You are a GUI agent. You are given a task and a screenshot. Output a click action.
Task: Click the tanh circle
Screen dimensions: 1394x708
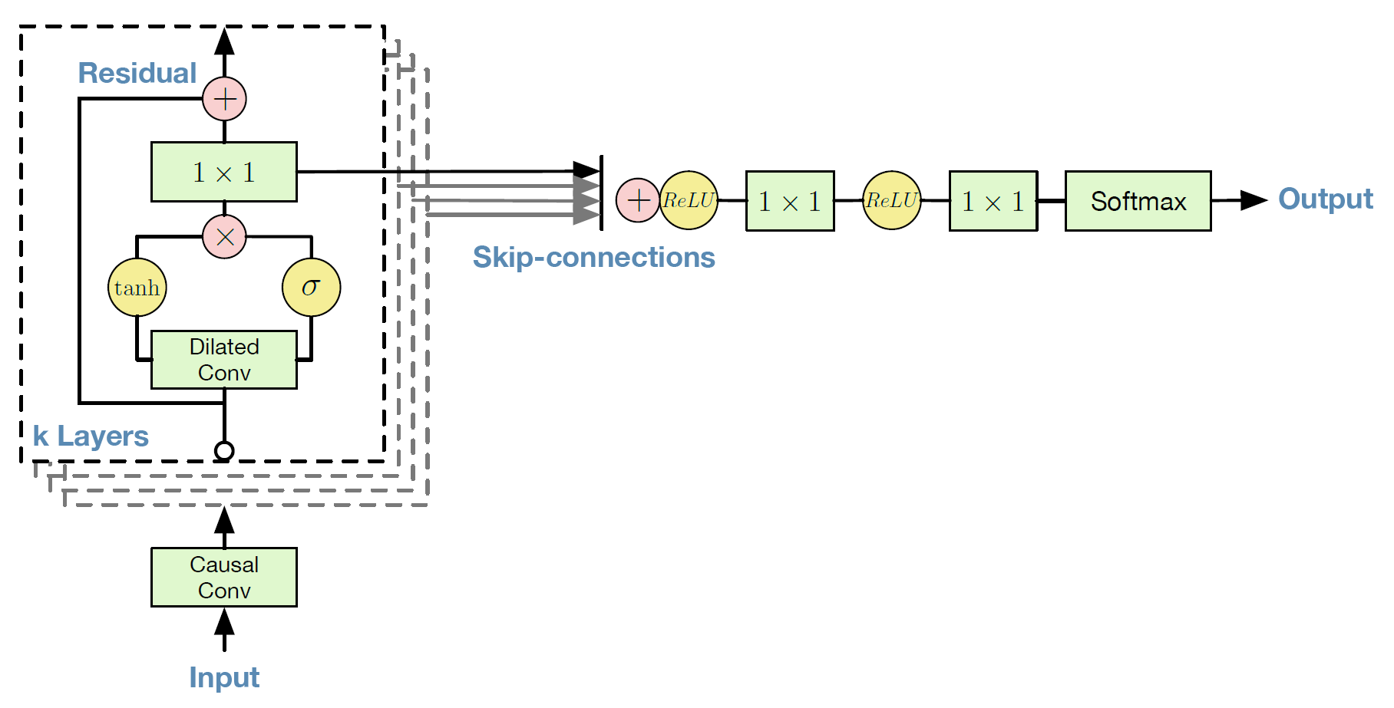tap(137, 288)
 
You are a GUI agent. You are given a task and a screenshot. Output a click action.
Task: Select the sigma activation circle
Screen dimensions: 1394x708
tap(311, 288)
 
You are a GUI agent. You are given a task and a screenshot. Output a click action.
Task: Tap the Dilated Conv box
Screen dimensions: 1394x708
tap(224, 360)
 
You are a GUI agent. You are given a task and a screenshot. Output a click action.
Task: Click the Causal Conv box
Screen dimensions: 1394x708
tap(224, 578)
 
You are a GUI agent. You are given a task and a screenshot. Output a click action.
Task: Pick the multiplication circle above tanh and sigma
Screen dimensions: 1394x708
tap(224, 236)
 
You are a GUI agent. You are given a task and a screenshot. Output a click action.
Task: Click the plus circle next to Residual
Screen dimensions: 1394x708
tap(224, 99)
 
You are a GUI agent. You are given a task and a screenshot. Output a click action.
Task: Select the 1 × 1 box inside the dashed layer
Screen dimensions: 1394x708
tap(224, 172)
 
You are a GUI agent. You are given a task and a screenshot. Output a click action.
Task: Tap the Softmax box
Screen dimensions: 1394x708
tap(1138, 201)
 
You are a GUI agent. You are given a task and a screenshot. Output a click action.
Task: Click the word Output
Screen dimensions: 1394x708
tap(1326, 199)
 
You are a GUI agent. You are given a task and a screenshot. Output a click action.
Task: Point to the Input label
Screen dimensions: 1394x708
tap(224, 678)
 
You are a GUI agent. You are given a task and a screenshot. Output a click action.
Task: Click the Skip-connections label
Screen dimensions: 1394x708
tap(593, 257)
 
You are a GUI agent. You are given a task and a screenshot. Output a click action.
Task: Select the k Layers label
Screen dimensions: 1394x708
tap(91, 436)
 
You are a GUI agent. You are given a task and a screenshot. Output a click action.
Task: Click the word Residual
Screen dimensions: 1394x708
tap(137, 73)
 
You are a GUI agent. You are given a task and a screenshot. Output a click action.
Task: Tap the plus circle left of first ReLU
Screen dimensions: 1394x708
tap(638, 200)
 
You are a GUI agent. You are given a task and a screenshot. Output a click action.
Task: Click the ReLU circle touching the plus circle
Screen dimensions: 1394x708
tap(689, 200)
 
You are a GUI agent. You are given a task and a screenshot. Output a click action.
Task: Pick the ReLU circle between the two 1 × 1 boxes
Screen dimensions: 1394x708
tap(892, 200)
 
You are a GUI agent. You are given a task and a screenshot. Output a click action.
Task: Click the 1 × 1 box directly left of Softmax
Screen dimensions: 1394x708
tap(993, 201)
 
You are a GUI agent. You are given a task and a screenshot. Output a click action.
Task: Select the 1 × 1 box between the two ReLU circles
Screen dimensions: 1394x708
tap(790, 201)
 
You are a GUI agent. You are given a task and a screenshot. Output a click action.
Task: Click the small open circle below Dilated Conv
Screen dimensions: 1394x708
tap(224, 450)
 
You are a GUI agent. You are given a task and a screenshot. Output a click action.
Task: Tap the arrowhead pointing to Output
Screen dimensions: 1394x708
tap(1254, 200)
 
